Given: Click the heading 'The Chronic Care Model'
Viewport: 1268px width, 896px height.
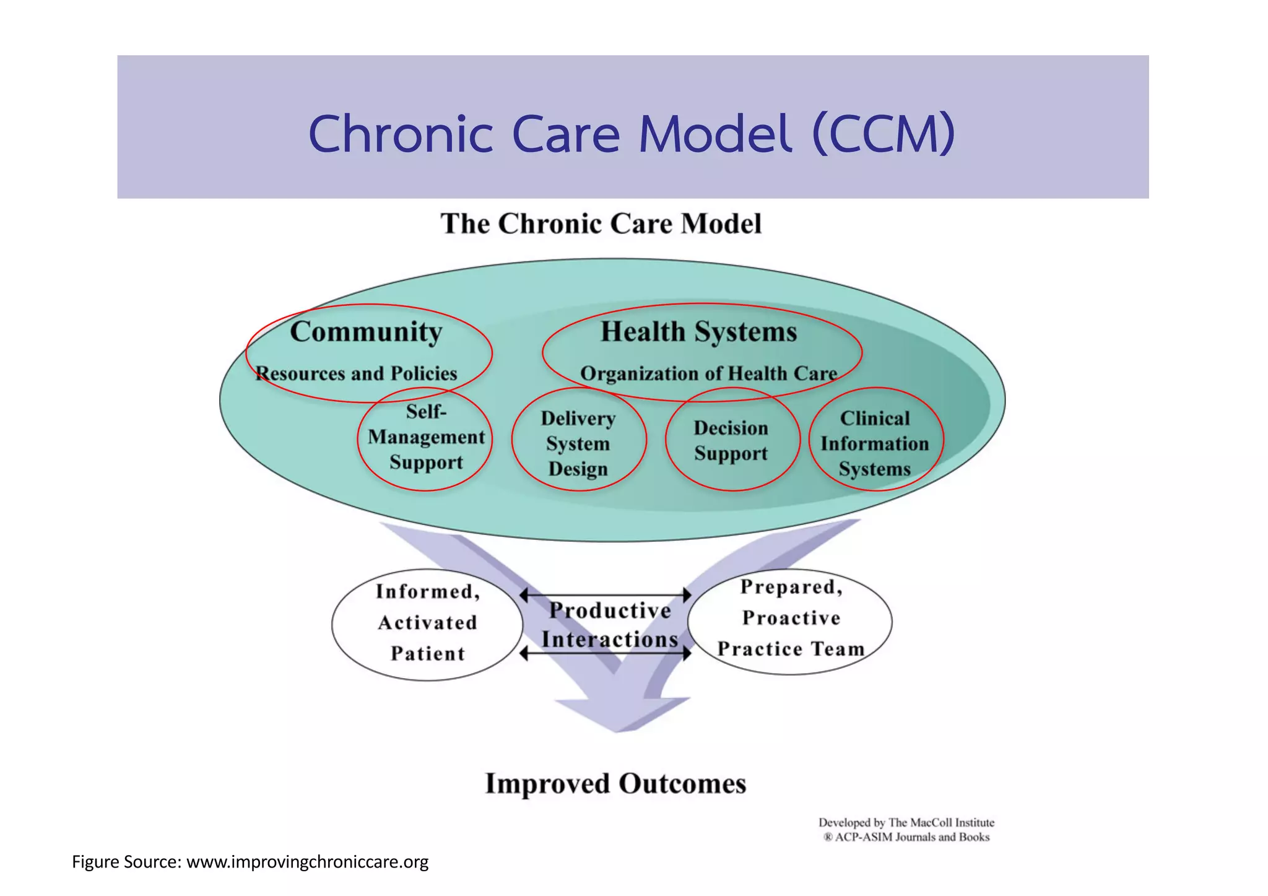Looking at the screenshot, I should click(601, 224).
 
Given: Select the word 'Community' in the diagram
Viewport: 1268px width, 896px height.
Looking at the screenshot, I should click(366, 332).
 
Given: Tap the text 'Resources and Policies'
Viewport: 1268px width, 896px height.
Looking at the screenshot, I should click(357, 373).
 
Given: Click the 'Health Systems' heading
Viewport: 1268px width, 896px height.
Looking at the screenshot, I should click(698, 332).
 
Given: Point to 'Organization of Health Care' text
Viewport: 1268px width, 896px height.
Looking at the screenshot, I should click(708, 373).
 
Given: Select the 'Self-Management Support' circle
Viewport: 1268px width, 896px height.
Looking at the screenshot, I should click(425, 438).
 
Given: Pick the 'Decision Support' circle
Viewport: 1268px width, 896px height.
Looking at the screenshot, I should click(731, 440).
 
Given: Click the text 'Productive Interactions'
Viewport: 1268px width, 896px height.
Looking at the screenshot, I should click(609, 625).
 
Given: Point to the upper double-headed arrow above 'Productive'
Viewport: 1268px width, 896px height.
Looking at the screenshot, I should click(606, 595).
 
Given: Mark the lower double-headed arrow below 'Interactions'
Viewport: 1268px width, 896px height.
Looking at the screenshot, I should click(606, 653).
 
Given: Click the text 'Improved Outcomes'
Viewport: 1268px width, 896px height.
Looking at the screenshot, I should click(615, 783).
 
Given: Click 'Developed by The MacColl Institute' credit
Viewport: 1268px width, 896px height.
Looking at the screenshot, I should click(906, 822).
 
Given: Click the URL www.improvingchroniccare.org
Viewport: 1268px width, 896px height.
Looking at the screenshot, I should click(307, 862).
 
